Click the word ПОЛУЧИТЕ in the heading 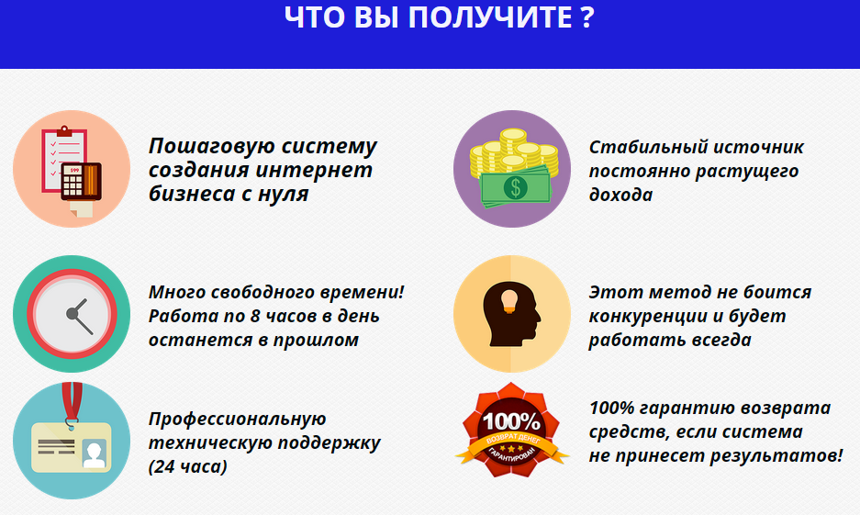(x=486, y=17)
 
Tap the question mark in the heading (x=587, y=17)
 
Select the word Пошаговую (x=210, y=146)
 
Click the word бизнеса (x=188, y=194)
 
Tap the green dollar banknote (x=517, y=187)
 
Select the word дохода (x=620, y=195)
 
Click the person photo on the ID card (x=95, y=452)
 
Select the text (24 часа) (x=188, y=466)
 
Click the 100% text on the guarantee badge (x=512, y=421)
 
